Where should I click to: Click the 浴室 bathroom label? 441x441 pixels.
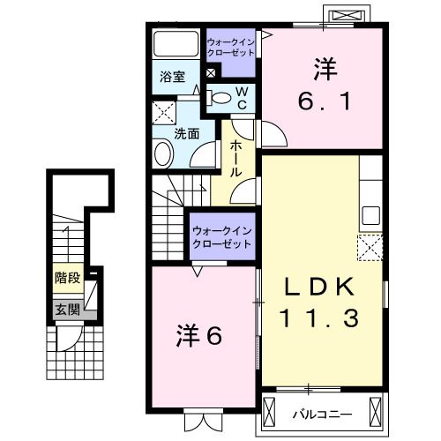tap(172, 77)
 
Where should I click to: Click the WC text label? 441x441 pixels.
tap(243, 97)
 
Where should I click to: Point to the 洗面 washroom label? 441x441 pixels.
tap(185, 134)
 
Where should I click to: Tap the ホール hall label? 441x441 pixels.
tap(236, 159)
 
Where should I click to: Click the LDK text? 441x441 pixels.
tap(318, 288)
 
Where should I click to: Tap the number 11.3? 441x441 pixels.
tap(318, 318)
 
